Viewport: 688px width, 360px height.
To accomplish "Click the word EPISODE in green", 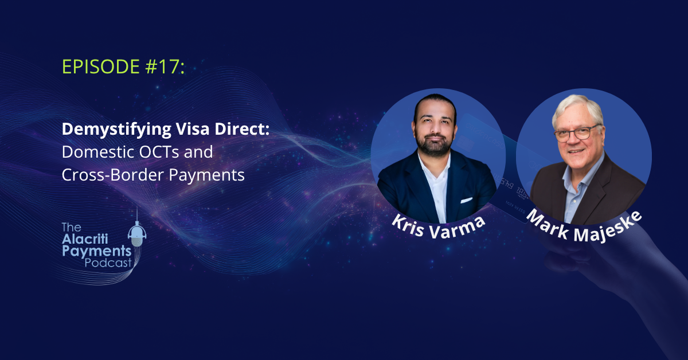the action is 101,66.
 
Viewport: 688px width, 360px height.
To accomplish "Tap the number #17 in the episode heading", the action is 162,66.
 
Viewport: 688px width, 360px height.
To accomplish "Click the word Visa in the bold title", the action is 192,129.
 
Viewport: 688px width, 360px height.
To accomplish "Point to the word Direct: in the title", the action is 242,129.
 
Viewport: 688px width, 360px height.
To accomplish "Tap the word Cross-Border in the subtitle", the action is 112,175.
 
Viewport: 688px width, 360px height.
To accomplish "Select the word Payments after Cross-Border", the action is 206,175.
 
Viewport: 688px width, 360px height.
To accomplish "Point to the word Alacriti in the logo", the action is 85,239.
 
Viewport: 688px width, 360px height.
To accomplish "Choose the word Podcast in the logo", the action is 108,263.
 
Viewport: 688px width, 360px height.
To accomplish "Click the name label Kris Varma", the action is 438,228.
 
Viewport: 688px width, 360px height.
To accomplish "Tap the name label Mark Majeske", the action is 584,228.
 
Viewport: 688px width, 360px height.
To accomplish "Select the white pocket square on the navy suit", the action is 466,200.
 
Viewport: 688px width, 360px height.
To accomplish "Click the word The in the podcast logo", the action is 72,228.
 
